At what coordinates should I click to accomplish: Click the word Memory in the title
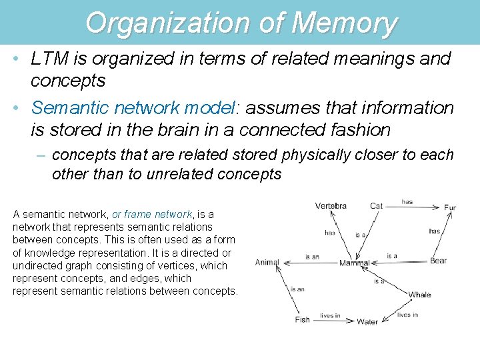[344, 23]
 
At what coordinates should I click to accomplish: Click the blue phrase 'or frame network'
[152, 214]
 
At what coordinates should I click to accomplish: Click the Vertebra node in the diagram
[331, 205]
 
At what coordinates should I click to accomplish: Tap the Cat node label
[377, 206]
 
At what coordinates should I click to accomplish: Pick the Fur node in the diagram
[450, 208]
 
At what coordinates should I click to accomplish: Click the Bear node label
[438, 261]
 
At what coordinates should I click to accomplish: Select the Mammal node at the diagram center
[354, 263]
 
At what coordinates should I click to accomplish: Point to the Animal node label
[267, 263]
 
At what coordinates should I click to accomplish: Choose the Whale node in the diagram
[420, 295]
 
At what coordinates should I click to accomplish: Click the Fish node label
[302, 320]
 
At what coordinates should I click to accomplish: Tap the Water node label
[367, 322]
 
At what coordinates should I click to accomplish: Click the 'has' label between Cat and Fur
[407, 201]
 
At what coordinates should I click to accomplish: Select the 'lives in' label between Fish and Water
[330, 316]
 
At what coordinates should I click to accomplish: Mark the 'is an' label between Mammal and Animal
[312, 257]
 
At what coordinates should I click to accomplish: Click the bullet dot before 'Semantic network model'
[15, 107]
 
